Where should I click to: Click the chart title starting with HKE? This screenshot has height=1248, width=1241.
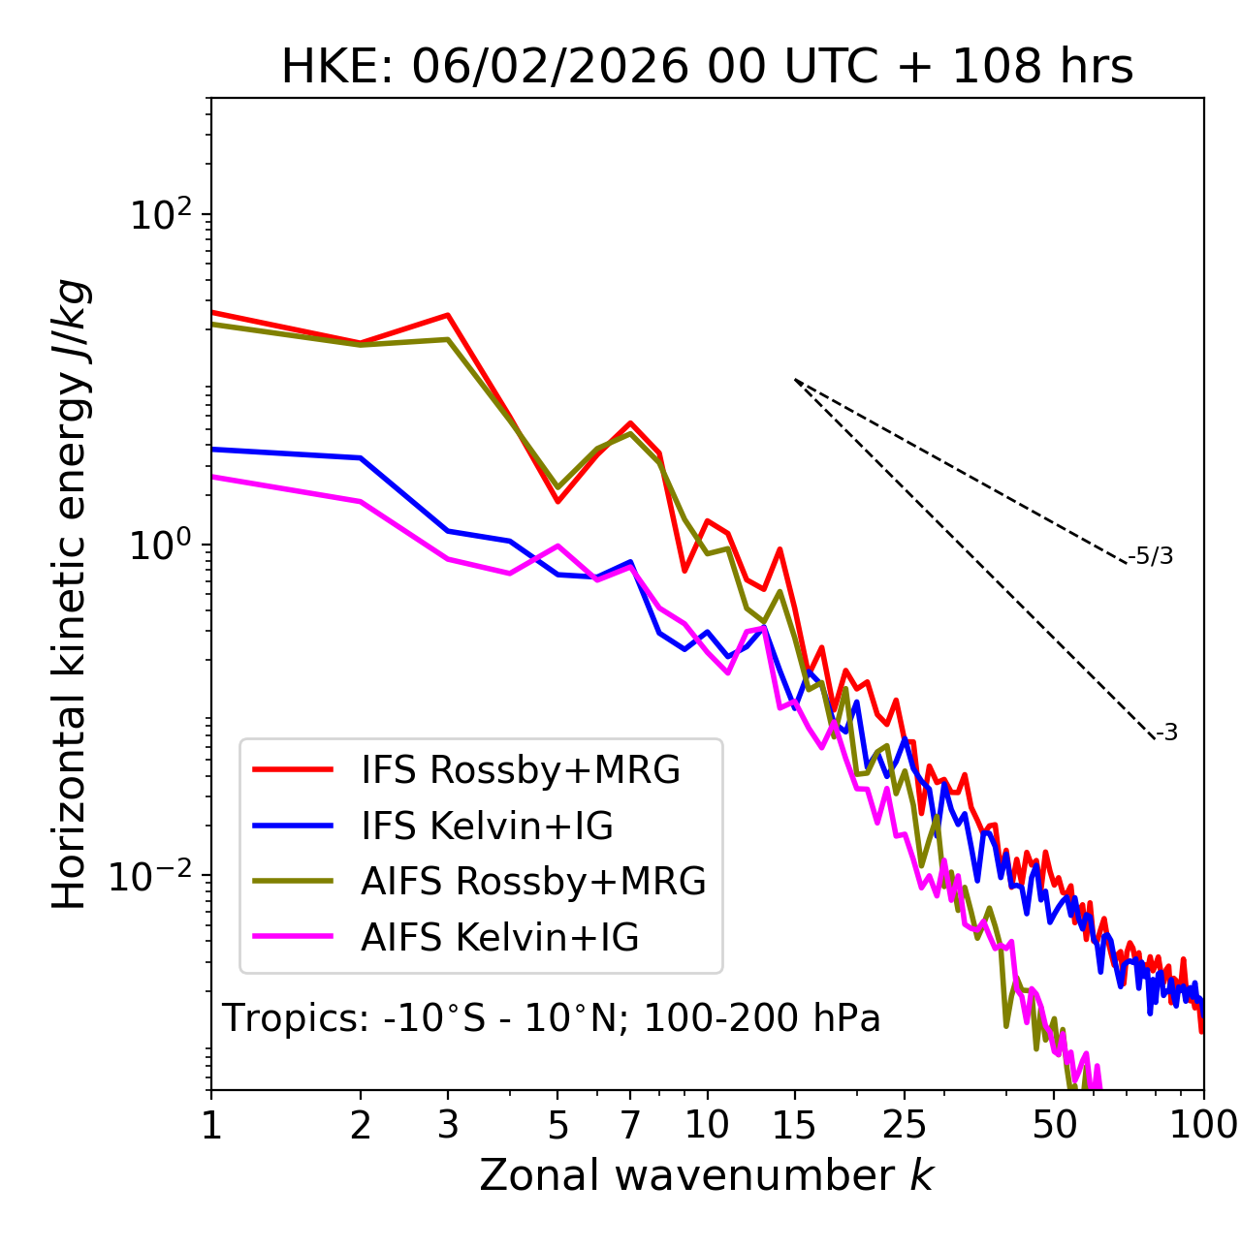(707, 68)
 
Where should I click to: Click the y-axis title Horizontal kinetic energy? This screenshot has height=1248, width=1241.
(71, 595)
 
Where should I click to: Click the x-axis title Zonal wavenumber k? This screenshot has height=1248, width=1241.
(706, 1175)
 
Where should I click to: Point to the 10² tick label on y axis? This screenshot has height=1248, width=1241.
(161, 214)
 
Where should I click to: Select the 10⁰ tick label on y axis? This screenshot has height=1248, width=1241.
(161, 546)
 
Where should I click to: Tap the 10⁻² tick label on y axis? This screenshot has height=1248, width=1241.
(154, 876)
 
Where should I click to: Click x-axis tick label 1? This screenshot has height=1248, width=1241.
(211, 1125)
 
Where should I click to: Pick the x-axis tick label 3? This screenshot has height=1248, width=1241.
(448, 1125)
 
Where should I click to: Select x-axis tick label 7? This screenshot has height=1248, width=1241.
(630, 1125)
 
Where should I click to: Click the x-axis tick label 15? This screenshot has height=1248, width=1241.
(794, 1125)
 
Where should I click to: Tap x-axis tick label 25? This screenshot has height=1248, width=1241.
(905, 1125)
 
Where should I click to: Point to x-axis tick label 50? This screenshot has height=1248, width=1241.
(1054, 1125)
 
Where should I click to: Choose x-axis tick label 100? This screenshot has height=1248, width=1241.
(1203, 1125)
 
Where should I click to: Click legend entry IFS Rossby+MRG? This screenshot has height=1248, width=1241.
(520, 770)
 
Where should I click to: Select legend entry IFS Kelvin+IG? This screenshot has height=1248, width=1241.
(487, 827)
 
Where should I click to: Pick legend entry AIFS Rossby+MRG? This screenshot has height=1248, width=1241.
(533, 882)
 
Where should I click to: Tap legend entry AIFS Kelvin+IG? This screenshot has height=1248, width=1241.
(499, 938)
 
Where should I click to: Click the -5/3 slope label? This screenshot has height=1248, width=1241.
(1151, 556)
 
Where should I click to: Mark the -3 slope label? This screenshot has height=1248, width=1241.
(1167, 733)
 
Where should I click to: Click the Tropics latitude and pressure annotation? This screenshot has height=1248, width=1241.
(551, 1019)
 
